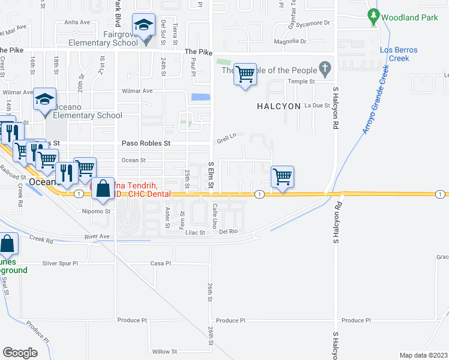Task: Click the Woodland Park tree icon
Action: click(375, 16)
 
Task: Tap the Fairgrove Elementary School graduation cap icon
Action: click(143, 26)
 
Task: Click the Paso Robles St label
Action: click(146, 144)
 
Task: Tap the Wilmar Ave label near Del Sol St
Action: click(139, 91)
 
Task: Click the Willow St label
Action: click(164, 352)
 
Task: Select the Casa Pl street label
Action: click(157, 263)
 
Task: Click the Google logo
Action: click(20, 353)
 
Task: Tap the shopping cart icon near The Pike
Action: click(245, 75)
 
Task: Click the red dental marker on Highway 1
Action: click(94, 188)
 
